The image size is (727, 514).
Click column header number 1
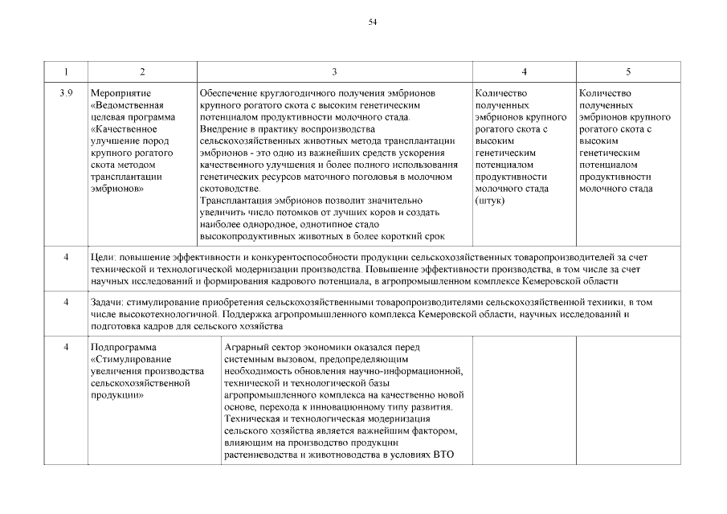click(x=66, y=72)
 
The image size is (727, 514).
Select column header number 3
click(x=333, y=72)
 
